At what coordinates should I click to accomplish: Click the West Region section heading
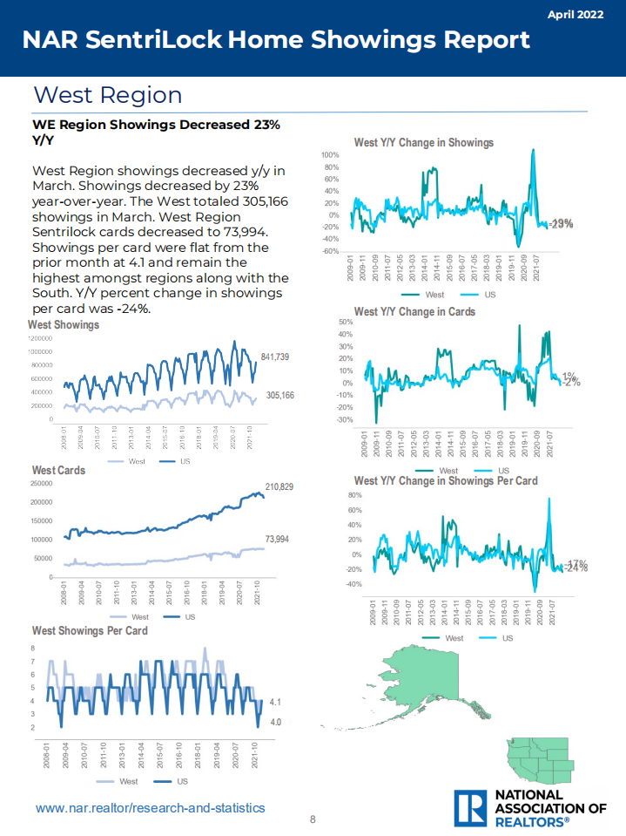107,95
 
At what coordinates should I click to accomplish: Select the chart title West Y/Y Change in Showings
423,142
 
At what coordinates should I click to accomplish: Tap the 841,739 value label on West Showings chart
275,357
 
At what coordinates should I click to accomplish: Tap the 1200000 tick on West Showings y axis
40,338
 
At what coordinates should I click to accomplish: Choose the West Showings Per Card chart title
89,630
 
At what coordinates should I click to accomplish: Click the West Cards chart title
59,470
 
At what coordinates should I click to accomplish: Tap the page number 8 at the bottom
313,819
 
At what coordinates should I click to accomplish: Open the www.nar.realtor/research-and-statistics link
150,808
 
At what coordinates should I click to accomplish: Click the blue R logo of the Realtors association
471,808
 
